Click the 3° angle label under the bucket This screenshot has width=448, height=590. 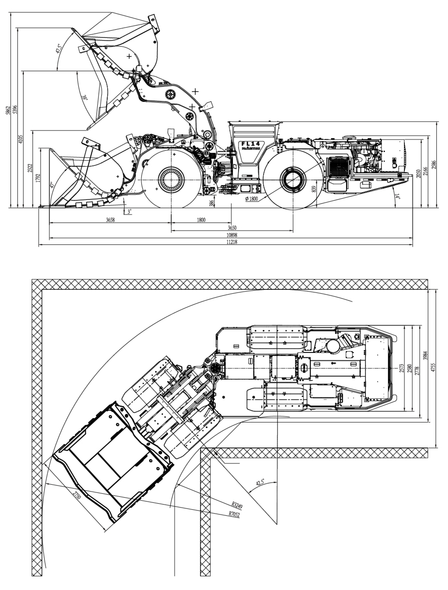(x=129, y=211)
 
